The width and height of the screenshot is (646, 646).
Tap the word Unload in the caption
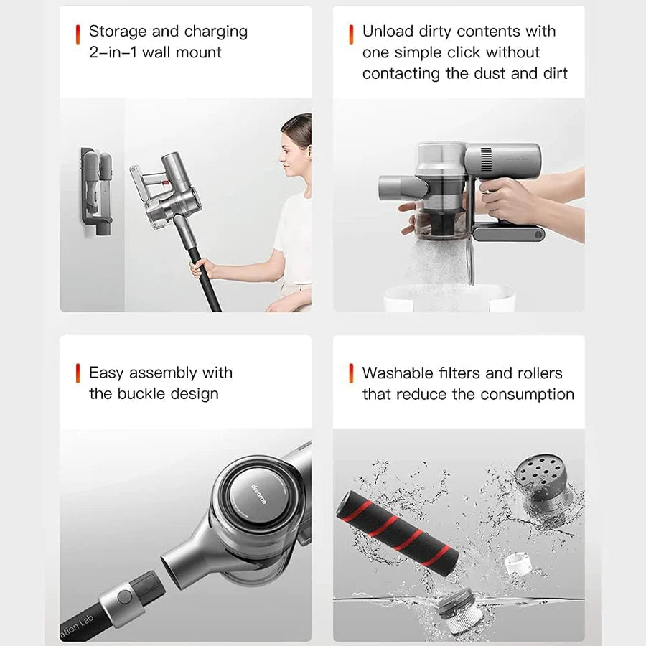pos(388,32)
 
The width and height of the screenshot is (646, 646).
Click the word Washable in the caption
pos(396,373)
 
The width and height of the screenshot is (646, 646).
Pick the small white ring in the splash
pos(517,563)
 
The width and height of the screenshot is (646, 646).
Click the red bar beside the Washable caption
pos(351,373)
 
